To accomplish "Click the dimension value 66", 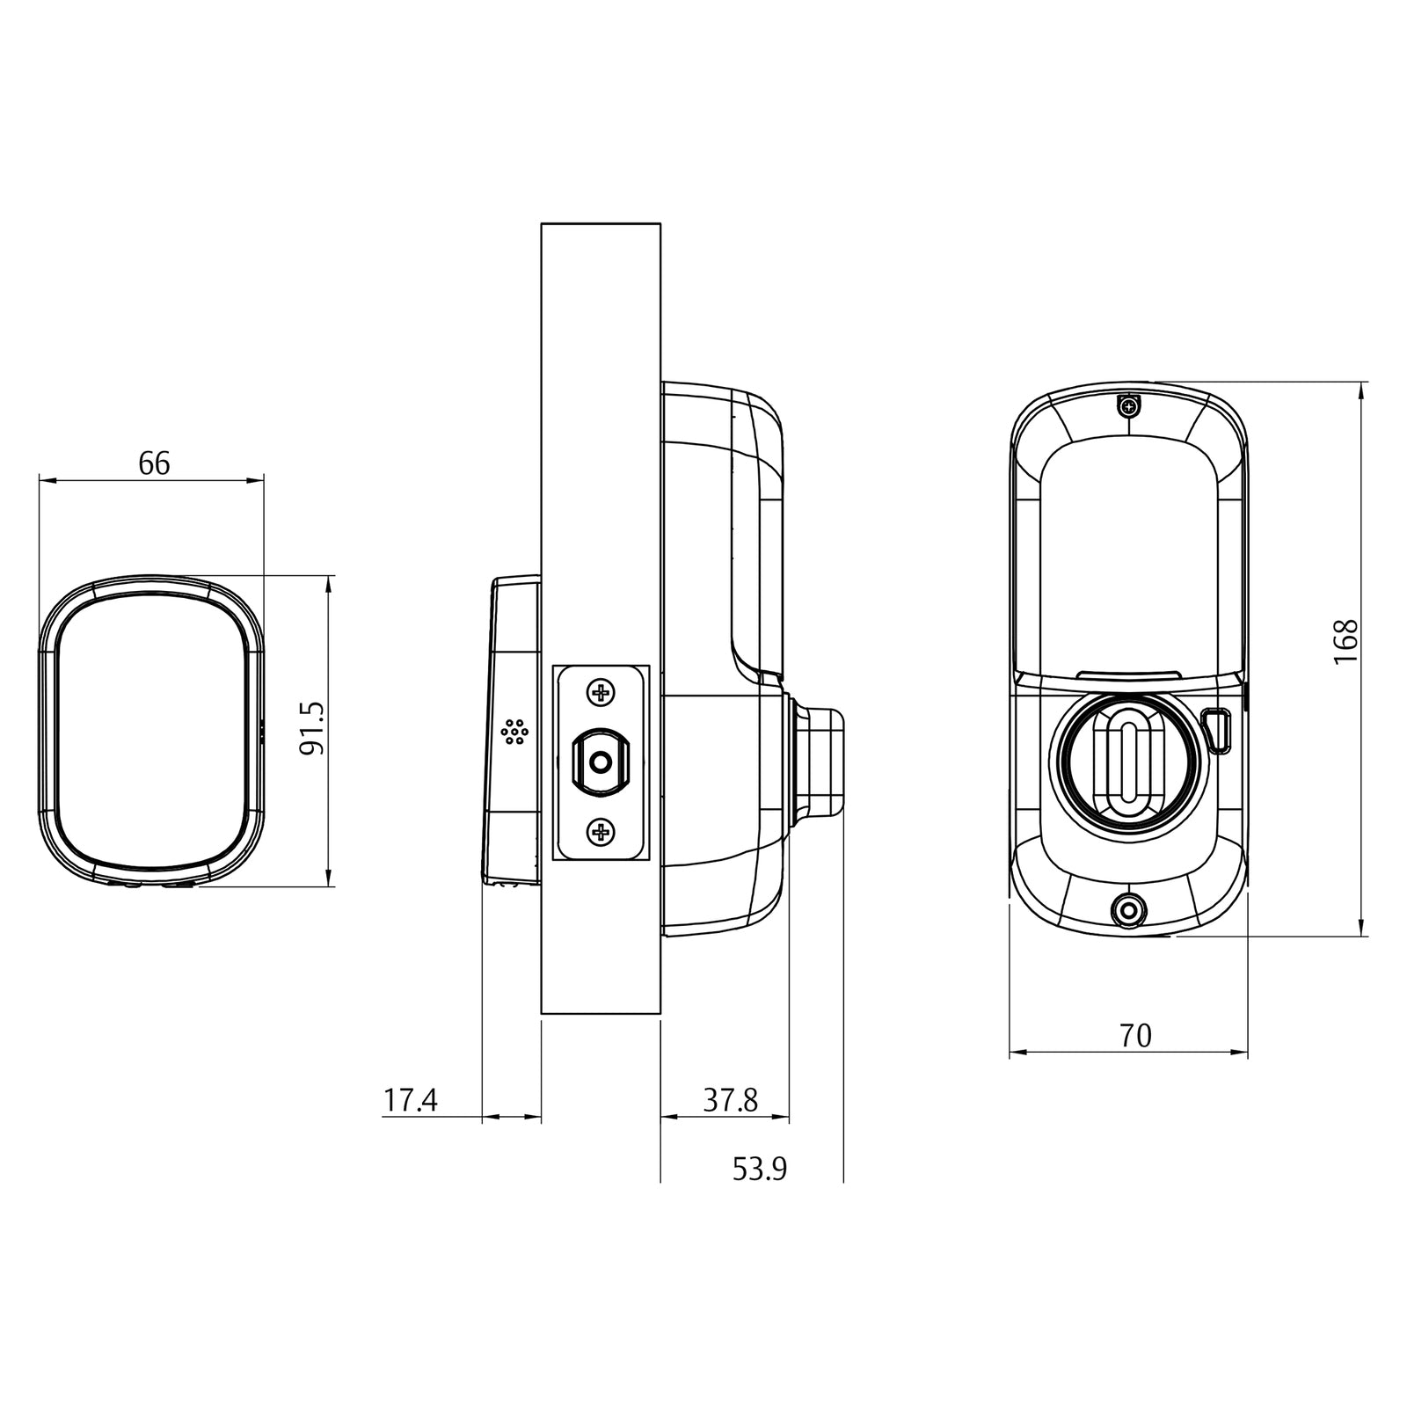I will (154, 463).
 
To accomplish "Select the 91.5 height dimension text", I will (312, 728).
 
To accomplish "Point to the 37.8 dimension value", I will (730, 1099).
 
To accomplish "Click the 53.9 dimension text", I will (760, 1169).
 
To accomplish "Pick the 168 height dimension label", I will (1346, 642).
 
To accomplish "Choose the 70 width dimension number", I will (1135, 1036).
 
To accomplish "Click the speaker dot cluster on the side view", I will (514, 732).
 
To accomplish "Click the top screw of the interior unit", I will (1128, 406).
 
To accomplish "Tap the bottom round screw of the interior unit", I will (1127, 911).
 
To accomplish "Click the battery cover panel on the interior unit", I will (1128, 554).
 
